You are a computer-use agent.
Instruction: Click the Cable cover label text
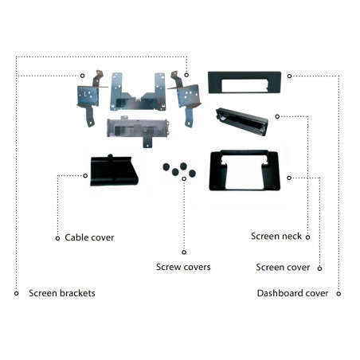[x=89, y=237]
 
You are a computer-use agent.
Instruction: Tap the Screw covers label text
[x=183, y=267]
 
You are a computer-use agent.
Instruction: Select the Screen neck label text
[x=276, y=236]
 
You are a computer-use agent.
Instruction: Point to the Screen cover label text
[x=283, y=267]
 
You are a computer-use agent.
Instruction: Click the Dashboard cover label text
[x=292, y=293]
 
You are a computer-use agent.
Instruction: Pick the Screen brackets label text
[x=62, y=293]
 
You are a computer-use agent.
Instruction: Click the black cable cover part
[x=114, y=170]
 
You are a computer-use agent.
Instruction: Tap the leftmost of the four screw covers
[x=166, y=167]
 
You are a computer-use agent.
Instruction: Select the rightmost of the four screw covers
[x=192, y=173]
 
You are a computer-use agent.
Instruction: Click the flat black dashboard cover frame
[x=215, y=82]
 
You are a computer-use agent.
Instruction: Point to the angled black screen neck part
[x=241, y=122]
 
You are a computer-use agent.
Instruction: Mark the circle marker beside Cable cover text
[x=57, y=238]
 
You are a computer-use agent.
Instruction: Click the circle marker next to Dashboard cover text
[x=338, y=294]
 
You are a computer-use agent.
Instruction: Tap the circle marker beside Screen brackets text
[x=17, y=293]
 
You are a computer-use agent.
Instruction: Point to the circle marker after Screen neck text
[x=307, y=237]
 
